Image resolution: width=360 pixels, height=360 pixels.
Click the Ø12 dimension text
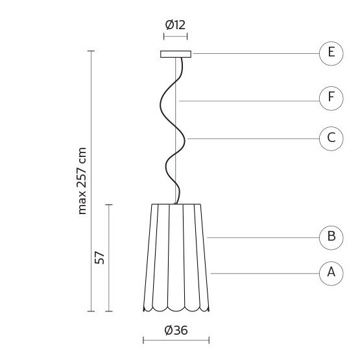coord(175,25)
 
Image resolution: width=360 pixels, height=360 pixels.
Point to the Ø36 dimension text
coord(176,330)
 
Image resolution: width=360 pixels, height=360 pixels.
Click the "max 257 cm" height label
coord(82,181)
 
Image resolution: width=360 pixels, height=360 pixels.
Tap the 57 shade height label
coord(100,258)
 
